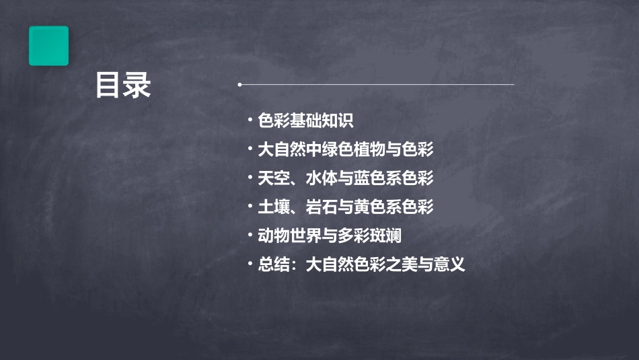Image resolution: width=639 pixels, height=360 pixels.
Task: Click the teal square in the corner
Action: pyautogui.click(x=48, y=46)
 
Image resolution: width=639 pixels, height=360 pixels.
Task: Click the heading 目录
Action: pyautogui.click(x=122, y=85)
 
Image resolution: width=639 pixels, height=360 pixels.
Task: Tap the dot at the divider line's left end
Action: pyautogui.click(x=239, y=85)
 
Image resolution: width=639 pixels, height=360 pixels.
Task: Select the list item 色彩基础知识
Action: pyautogui.click(x=305, y=120)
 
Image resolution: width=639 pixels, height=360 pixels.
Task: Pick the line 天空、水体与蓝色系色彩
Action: pyautogui.click(x=346, y=178)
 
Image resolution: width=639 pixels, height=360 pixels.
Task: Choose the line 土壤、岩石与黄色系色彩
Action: pyautogui.click(x=346, y=207)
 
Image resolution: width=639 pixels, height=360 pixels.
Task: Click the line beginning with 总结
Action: pyautogui.click(x=361, y=264)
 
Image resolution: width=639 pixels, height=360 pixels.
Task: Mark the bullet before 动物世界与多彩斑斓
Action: pyautogui.click(x=250, y=236)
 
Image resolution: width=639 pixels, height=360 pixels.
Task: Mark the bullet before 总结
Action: pyautogui.click(x=250, y=264)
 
